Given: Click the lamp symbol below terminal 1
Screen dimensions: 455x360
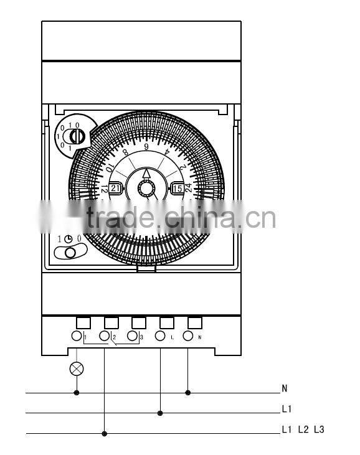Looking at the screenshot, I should [77, 368].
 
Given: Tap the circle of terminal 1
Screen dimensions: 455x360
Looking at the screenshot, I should [77, 336].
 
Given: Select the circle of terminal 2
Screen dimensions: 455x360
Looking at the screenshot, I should [104, 336].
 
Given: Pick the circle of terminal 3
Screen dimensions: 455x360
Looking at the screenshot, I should [132, 336].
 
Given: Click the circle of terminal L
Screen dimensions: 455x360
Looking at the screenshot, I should [160, 336].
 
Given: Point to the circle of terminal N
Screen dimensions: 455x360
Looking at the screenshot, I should [187, 336].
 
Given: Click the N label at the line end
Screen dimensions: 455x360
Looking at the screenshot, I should [285, 388].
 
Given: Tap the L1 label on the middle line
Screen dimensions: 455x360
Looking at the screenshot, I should [287, 409].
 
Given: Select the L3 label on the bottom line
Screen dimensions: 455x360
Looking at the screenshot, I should [319, 430].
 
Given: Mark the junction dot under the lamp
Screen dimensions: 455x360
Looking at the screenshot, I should [77, 393].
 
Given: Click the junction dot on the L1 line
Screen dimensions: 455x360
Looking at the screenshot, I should [160, 413].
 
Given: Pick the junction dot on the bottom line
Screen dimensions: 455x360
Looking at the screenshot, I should [104, 433].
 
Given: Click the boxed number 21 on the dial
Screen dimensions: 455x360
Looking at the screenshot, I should [116, 188].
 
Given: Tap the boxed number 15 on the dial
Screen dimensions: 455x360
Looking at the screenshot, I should [177, 188].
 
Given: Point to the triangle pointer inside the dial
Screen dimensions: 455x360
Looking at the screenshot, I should [146, 174].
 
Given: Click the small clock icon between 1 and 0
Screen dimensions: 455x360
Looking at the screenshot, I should [69, 238].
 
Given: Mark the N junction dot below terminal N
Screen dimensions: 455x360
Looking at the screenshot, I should [187, 393].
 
